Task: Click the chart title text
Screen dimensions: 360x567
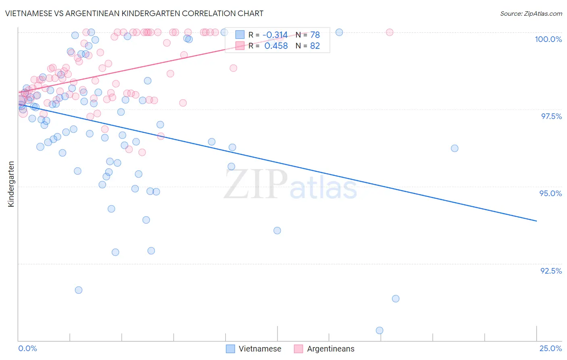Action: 134,13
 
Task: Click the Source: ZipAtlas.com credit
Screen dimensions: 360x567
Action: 531,13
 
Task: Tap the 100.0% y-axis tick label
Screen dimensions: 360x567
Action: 548,39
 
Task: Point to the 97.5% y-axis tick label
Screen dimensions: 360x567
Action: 551,116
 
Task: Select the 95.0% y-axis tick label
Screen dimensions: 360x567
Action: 550,193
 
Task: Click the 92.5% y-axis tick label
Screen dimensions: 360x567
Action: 551,270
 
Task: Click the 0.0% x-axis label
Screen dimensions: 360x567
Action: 27,348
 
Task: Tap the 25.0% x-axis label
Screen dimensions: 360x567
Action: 550,348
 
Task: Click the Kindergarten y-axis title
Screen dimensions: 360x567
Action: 11,184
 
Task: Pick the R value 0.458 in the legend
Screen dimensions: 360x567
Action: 276,46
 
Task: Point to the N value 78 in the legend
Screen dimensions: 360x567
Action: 315,35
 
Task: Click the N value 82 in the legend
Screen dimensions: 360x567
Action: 315,46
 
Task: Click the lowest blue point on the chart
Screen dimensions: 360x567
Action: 379,331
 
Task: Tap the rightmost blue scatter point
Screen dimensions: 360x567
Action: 454,148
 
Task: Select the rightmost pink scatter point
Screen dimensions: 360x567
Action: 390,32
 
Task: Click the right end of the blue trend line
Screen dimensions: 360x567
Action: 536,221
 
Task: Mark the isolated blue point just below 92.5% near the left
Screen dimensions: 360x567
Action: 79,290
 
